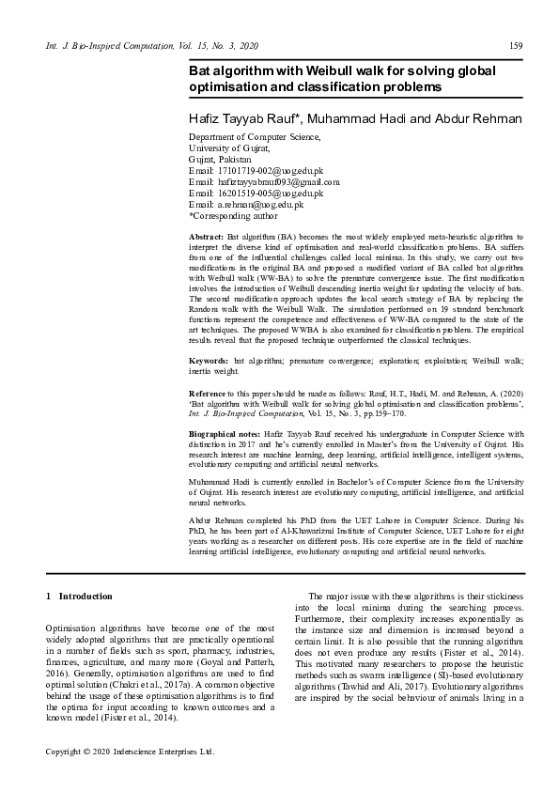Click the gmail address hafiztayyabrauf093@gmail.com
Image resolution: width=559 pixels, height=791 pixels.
pos(278,181)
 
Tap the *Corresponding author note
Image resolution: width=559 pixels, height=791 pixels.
pos(230,215)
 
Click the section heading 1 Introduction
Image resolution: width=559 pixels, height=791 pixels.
pos(79,596)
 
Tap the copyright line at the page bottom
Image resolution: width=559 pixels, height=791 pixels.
pos(130,752)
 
